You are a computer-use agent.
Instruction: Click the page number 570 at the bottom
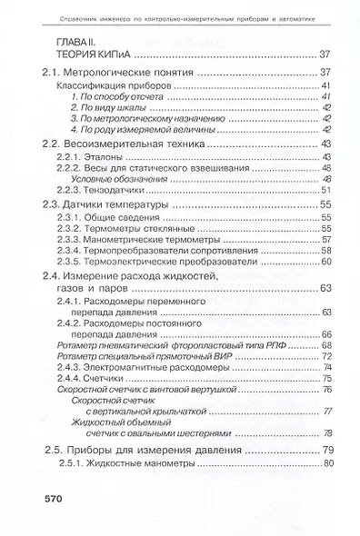(45, 499)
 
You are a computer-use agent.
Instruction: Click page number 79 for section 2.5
(329, 449)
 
